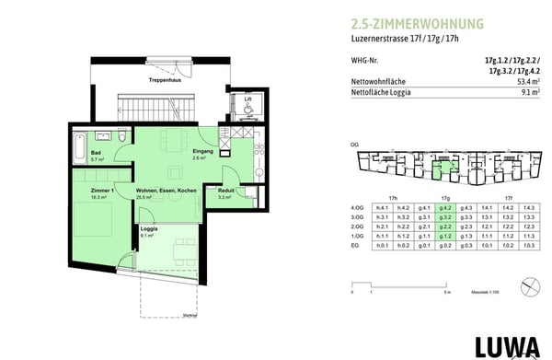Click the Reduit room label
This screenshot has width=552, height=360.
[x=225, y=192]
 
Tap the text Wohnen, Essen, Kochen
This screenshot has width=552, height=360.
[x=167, y=192]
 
